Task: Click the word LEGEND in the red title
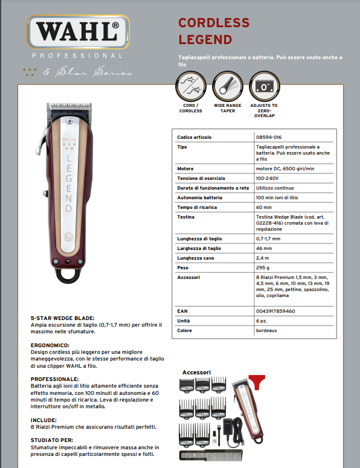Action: point(205,40)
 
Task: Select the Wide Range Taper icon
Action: point(227,87)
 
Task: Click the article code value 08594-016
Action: point(269,137)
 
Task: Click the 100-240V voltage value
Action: point(267,178)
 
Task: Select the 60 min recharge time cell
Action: point(264,207)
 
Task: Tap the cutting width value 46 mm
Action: point(264,248)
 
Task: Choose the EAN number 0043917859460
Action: point(275,310)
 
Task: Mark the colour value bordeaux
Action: point(267,330)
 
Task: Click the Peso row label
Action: point(182,268)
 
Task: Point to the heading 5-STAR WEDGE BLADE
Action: point(62,318)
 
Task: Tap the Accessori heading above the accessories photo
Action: point(196,372)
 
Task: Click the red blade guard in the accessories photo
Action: point(257,381)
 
